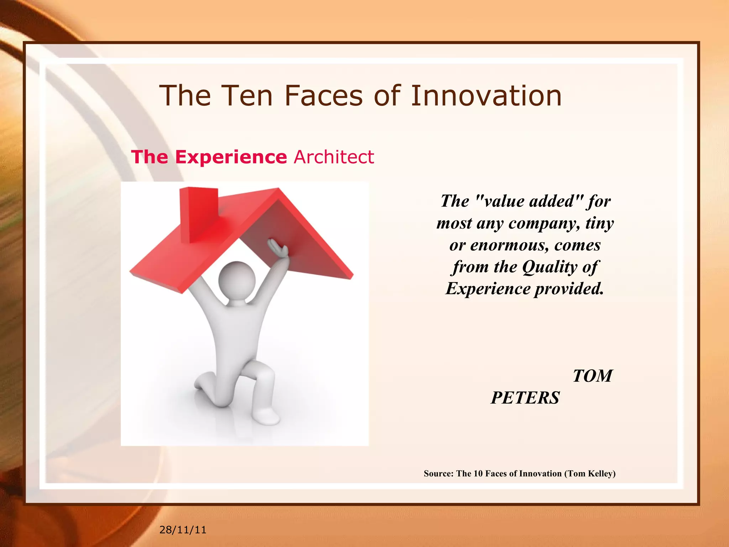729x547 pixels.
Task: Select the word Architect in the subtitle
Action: [334, 157]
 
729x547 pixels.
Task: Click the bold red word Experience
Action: [231, 157]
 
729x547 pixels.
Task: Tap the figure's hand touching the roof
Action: [278, 248]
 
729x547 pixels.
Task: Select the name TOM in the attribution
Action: [592, 376]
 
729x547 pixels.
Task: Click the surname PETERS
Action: [525, 398]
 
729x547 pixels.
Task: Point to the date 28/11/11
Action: [183, 530]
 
